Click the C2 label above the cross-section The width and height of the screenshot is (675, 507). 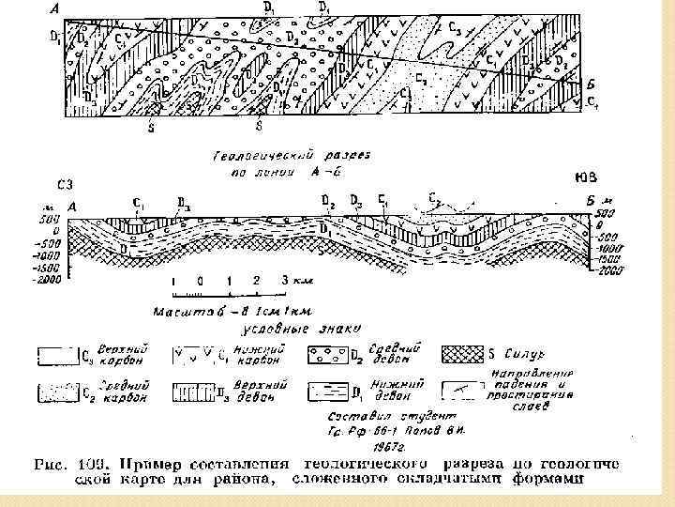[x=434, y=198]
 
